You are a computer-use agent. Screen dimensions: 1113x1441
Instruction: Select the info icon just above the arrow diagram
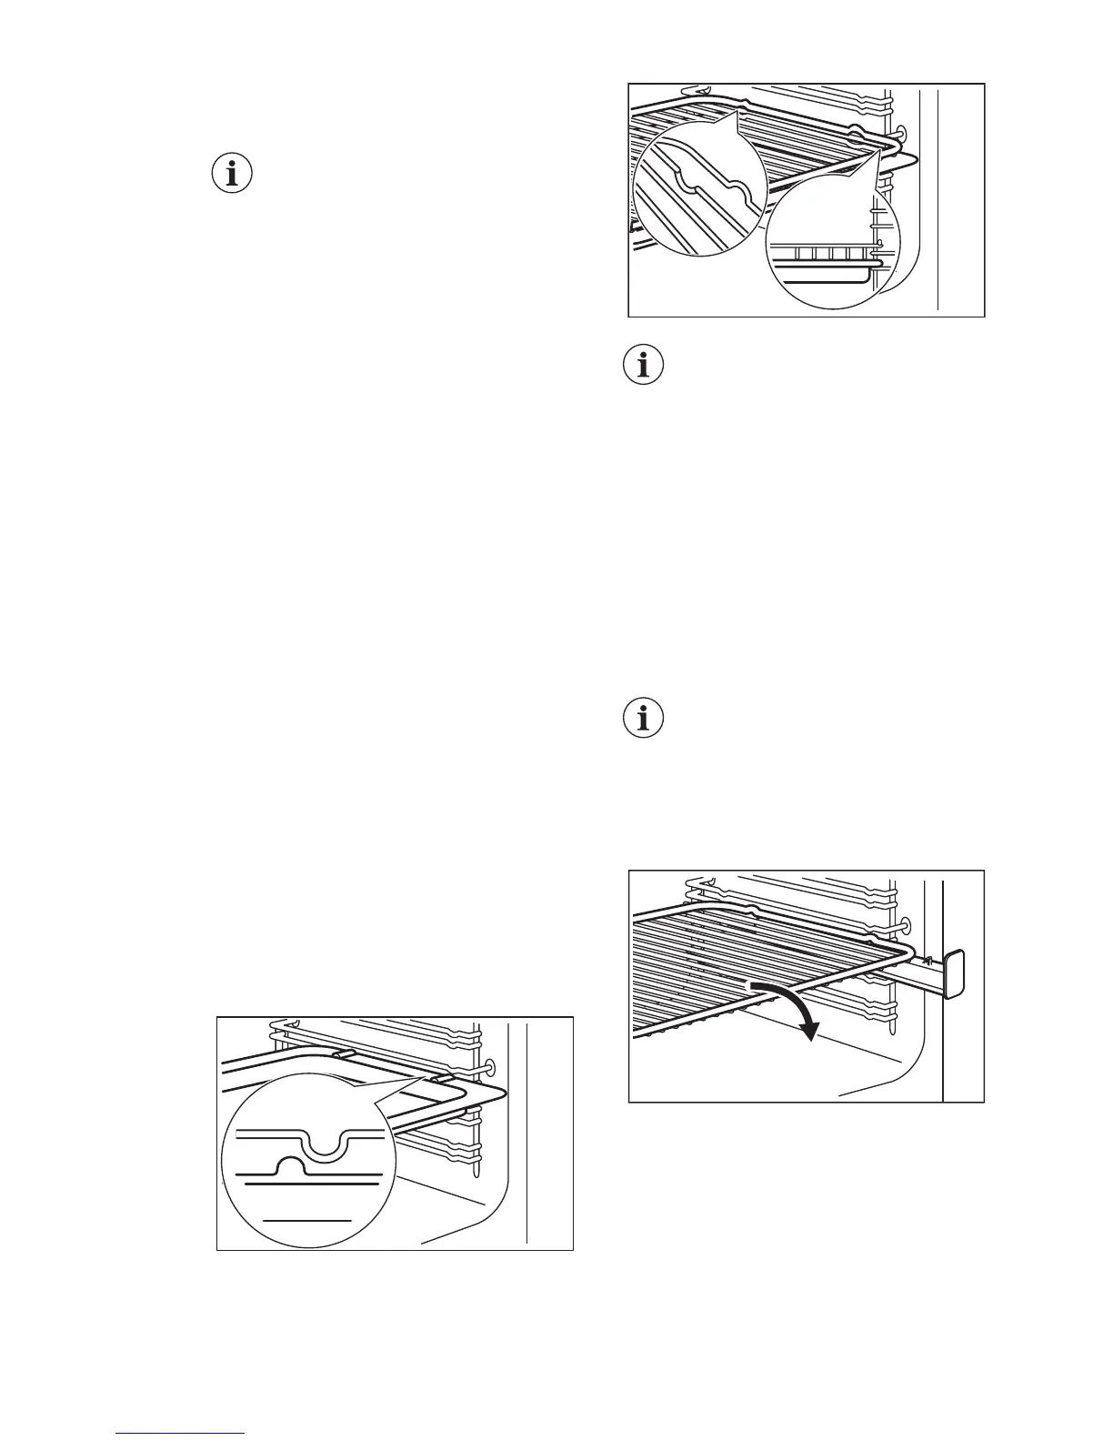click(x=645, y=719)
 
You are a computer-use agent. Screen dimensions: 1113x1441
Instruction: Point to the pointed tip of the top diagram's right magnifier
click(x=880, y=153)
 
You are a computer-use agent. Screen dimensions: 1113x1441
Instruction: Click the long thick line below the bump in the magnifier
click(x=312, y=1186)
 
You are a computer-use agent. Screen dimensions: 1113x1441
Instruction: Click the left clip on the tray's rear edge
click(x=344, y=1053)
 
